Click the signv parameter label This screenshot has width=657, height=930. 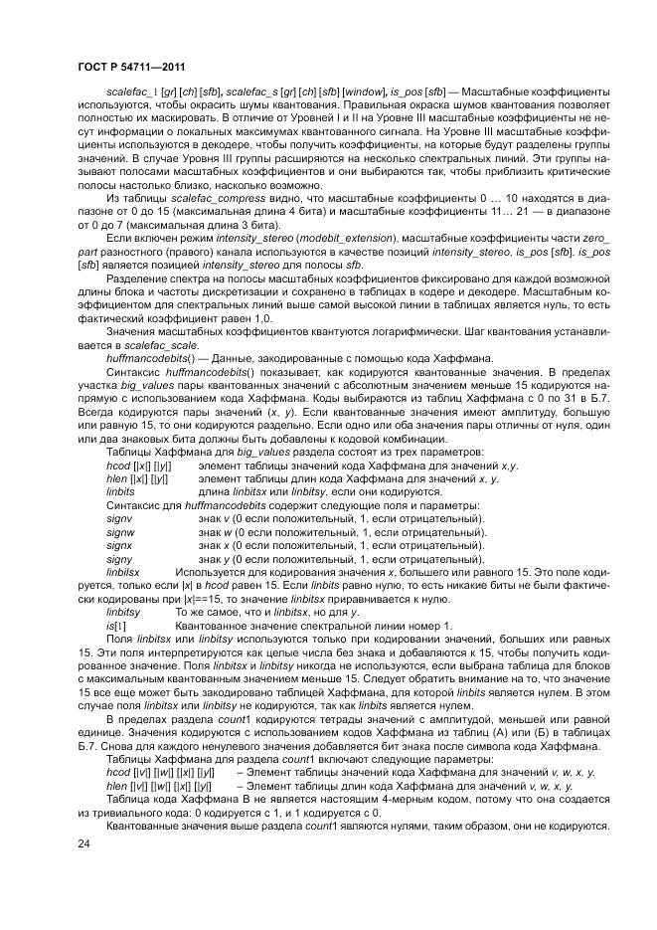119,518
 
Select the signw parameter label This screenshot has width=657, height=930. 120,532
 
